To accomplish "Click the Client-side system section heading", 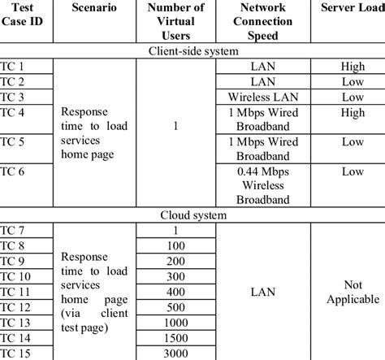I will (192, 51).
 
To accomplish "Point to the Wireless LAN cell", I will (262, 97).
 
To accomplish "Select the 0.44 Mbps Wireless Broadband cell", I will (262, 186).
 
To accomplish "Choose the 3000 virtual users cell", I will (175, 352).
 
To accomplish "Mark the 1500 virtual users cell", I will (175, 336).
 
